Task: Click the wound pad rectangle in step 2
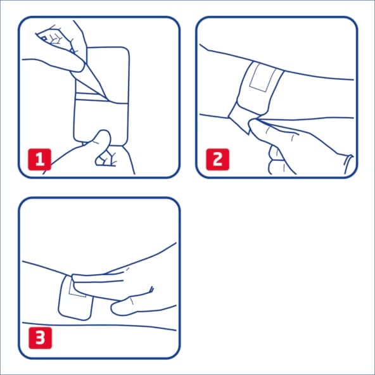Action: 260,78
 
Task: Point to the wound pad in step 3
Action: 78,291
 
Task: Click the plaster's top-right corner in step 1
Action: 127,51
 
